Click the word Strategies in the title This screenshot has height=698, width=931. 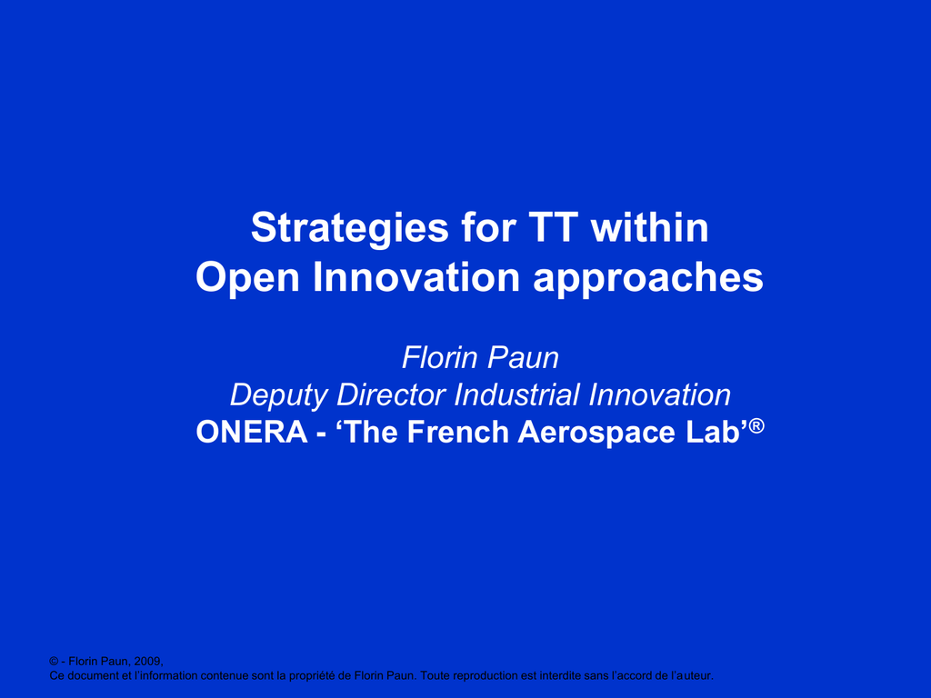coord(350,229)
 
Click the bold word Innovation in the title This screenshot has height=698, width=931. coord(416,276)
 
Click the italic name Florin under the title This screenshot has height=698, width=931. coord(440,357)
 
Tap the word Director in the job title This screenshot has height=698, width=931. coord(391,394)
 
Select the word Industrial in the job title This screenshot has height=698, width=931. coord(516,394)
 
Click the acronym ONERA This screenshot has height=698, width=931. coord(252,432)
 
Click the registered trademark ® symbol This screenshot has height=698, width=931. coord(756,426)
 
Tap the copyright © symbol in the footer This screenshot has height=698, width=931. coord(54,662)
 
